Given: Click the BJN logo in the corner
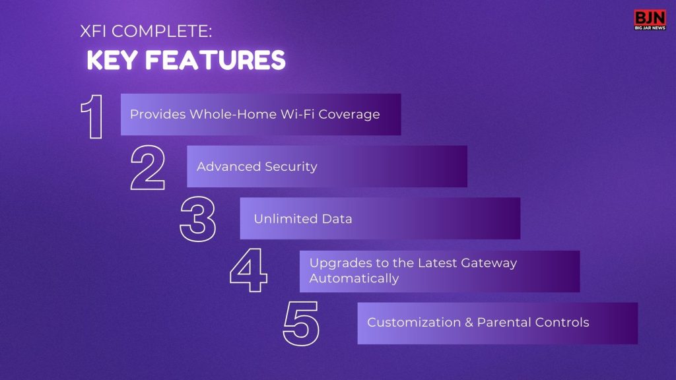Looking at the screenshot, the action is pyautogui.click(x=650, y=20).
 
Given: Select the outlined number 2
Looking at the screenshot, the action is pyautogui.click(x=148, y=168).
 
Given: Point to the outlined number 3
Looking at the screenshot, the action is pyautogui.click(x=198, y=219).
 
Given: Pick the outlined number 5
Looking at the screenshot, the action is pyautogui.click(x=301, y=323).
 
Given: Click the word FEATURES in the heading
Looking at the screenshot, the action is pyautogui.click(x=215, y=60).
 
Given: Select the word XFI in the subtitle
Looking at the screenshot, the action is pyautogui.click(x=93, y=32).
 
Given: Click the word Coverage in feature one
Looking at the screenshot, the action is pyautogui.click(x=349, y=115).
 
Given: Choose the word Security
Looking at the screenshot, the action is pyautogui.click(x=291, y=167).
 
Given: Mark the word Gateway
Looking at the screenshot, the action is pyautogui.click(x=489, y=263).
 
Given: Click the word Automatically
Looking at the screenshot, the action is pyautogui.click(x=354, y=279).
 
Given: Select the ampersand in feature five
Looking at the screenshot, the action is pyautogui.click(x=469, y=323).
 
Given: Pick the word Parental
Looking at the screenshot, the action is pyautogui.click(x=500, y=322).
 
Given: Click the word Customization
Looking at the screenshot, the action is pyautogui.click(x=414, y=322).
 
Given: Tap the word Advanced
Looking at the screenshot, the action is pyautogui.click(x=228, y=167).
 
